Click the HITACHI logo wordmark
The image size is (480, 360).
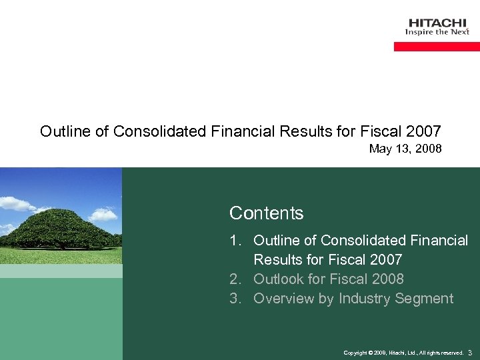point(438,23)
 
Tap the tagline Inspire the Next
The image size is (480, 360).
point(437,32)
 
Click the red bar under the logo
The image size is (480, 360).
point(437,47)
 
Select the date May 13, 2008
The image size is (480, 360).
point(405,149)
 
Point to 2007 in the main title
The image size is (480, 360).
point(423,131)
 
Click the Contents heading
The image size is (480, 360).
point(266,213)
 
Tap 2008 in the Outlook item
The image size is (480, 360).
point(386,279)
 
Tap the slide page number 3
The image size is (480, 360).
point(470,352)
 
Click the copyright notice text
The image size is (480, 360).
point(403,353)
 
